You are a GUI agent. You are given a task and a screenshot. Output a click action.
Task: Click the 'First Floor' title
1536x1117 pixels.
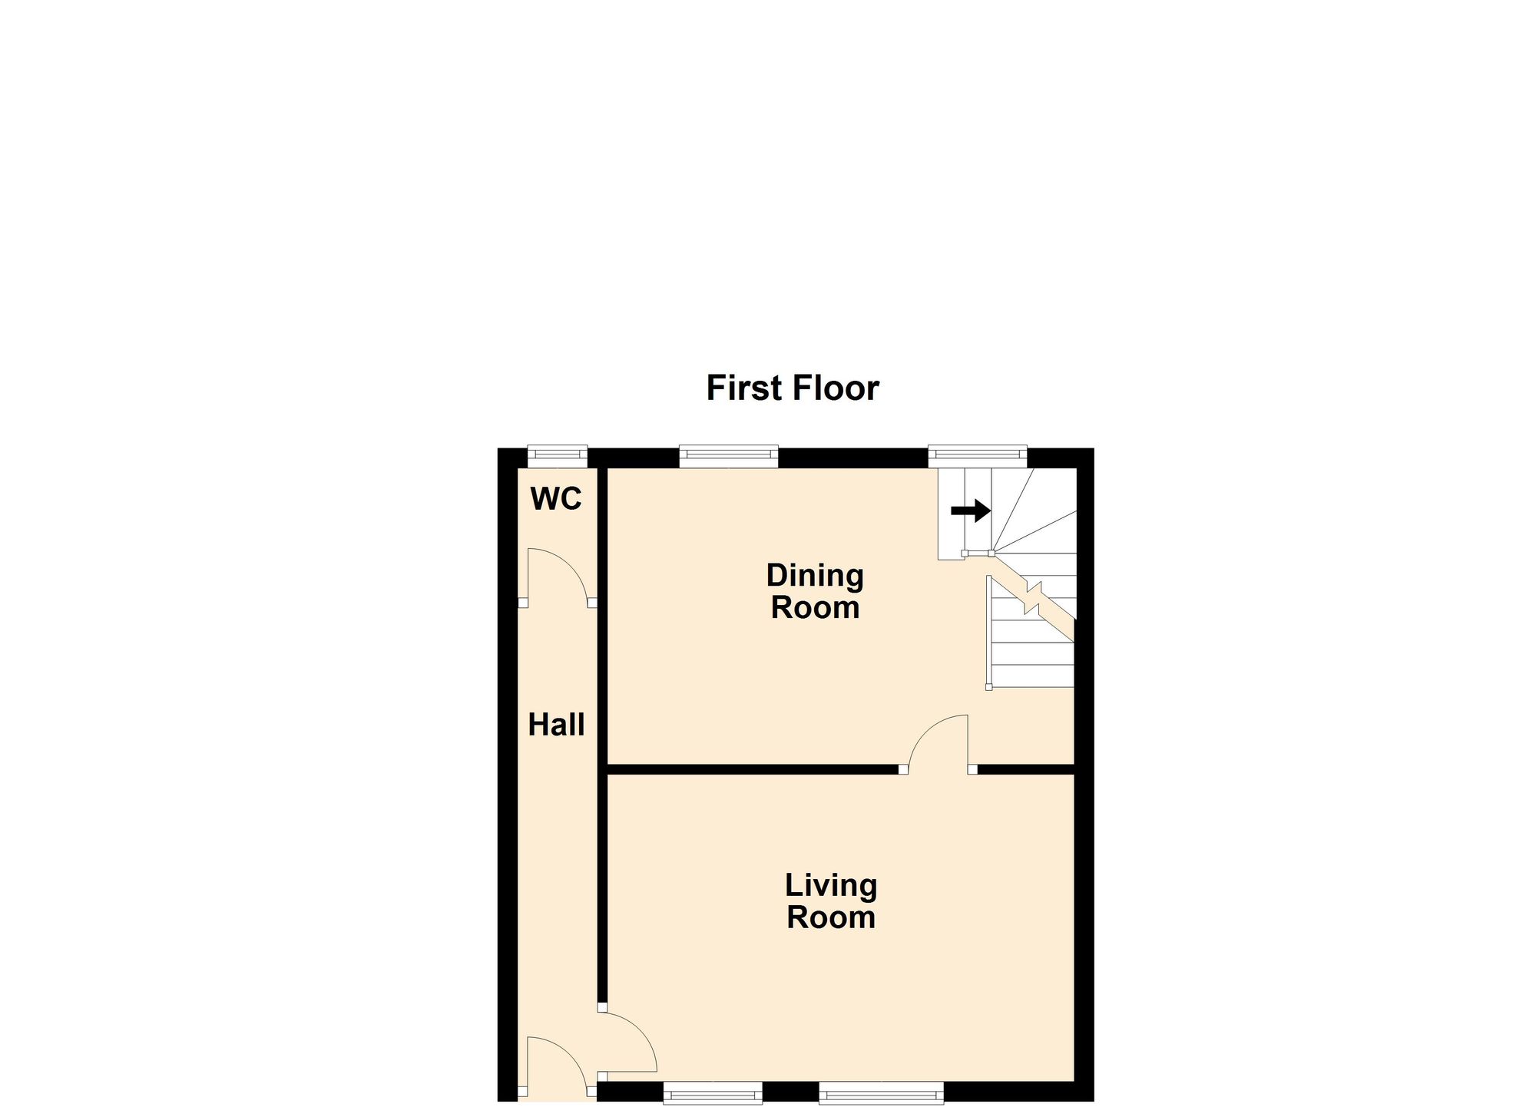click(792, 388)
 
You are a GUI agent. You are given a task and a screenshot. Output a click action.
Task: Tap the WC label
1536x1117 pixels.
click(556, 500)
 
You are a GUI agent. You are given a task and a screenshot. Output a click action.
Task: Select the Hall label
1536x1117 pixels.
click(556, 725)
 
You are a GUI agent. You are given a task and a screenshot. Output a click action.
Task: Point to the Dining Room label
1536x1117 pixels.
click(815, 591)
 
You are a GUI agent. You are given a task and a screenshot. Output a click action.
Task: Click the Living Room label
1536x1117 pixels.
click(830, 901)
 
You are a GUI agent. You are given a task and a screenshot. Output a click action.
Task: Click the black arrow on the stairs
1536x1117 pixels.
click(971, 510)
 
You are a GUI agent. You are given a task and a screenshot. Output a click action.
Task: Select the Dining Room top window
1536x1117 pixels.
click(728, 456)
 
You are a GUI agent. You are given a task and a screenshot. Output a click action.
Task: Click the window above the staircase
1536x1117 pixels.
click(977, 456)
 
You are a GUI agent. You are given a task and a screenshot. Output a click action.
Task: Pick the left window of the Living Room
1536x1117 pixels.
click(712, 1093)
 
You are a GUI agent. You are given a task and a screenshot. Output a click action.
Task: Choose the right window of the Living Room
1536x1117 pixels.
click(880, 1093)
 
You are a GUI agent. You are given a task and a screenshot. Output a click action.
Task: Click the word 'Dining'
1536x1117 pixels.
click(815, 576)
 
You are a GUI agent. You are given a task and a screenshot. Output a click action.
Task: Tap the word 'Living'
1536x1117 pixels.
click(830, 886)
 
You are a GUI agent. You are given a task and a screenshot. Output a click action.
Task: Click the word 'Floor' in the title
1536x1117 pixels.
click(836, 388)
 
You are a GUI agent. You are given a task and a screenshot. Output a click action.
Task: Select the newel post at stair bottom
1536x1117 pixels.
click(988, 686)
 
